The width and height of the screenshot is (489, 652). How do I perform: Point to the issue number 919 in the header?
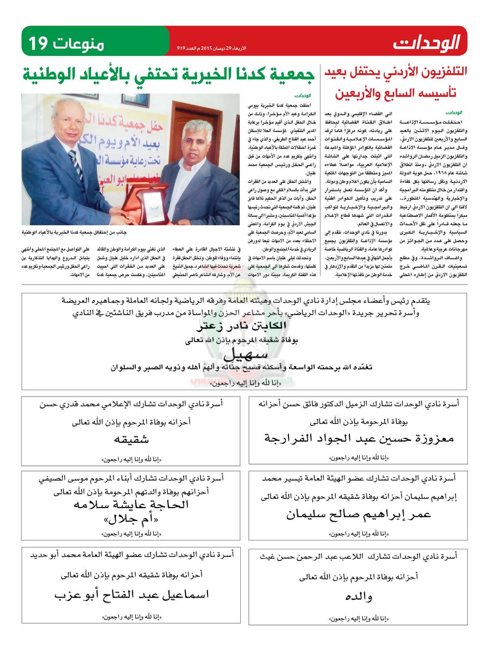pos(181,48)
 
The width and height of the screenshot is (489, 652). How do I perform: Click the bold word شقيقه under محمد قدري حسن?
pos(131,438)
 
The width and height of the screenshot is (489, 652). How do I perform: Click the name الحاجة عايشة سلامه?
pos(131,505)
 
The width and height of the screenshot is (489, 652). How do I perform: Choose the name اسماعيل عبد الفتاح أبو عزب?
pos(131,595)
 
